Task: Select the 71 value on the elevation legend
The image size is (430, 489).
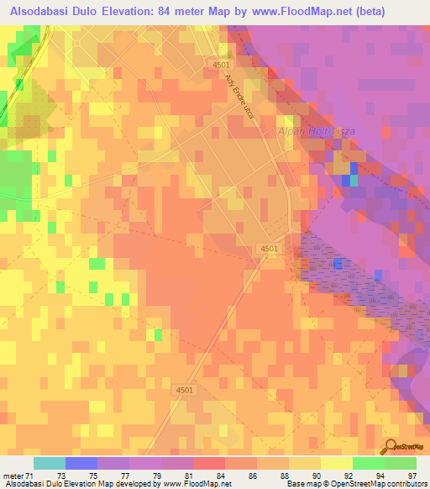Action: click(34, 475)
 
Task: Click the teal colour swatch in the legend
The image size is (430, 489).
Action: click(50, 462)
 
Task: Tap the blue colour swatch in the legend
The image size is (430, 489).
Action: click(81, 462)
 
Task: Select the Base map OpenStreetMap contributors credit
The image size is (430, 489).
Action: click(357, 484)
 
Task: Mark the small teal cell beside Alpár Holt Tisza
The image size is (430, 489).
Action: click(354, 179)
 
